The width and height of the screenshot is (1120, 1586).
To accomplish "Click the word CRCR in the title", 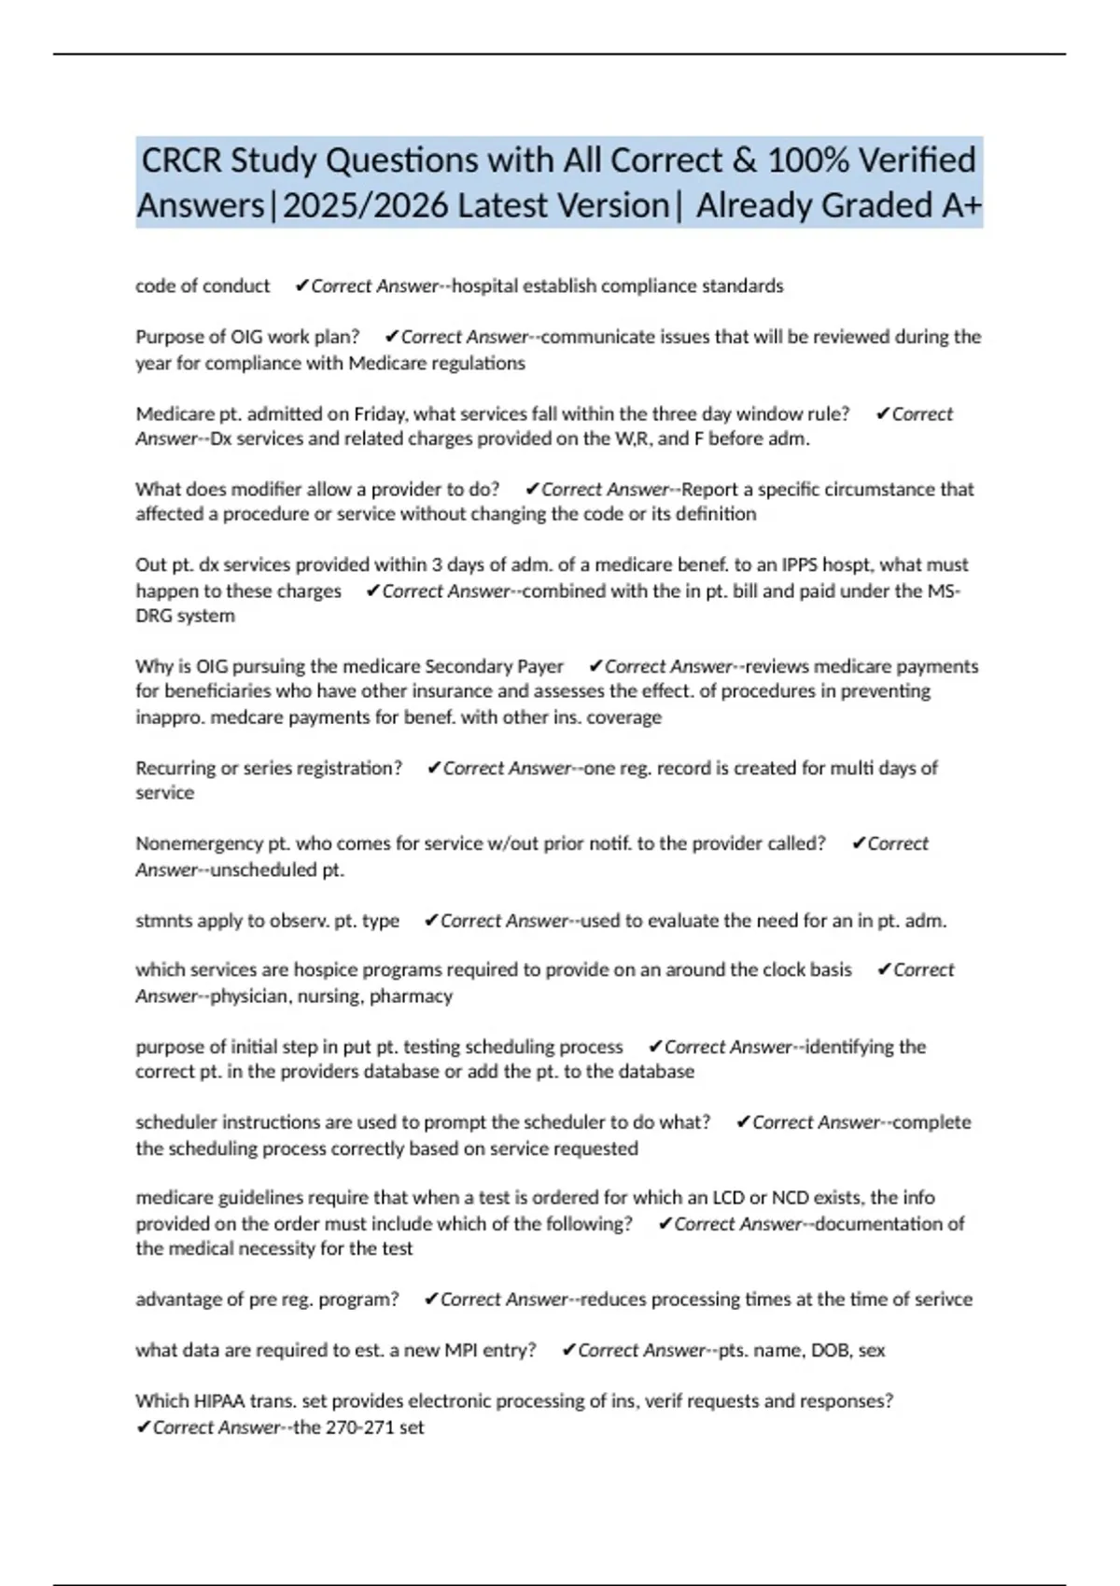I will [x=181, y=160].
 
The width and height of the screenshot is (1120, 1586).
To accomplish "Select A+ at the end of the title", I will [x=961, y=205].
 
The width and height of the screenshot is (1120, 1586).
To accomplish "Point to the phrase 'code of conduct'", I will [x=203, y=286].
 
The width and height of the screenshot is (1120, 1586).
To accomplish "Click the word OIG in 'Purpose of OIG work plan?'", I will [x=246, y=337].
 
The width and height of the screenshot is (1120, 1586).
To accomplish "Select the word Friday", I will [x=379, y=414].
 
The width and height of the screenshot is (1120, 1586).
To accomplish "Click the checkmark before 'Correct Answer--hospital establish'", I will [x=301, y=286].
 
